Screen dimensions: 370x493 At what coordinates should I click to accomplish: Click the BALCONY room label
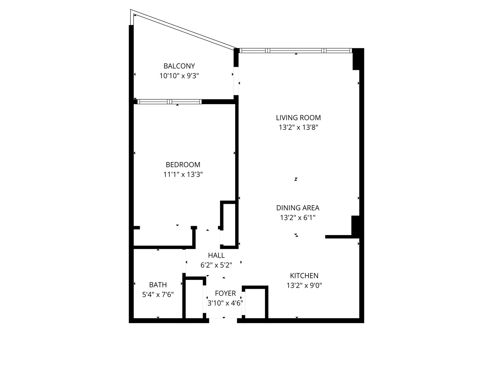pyautogui.click(x=179, y=66)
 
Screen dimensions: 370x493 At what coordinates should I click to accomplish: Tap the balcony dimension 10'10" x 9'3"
pyautogui.click(x=179, y=76)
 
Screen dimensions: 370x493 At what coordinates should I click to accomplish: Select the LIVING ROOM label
pyautogui.click(x=298, y=118)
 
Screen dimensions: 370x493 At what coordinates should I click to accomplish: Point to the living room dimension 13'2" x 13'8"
pyautogui.click(x=298, y=127)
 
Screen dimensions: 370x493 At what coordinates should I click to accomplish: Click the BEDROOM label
pyautogui.click(x=183, y=164)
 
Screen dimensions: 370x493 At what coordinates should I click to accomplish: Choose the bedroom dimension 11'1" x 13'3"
pyautogui.click(x=183, y=174)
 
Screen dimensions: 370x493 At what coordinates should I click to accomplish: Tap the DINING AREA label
pyautogui.click(x=298, y=208)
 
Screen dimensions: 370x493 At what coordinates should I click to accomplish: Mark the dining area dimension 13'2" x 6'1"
pyautogui.click(x=298, y=218)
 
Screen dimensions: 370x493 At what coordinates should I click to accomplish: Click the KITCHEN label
pyautogui.click(x=304, y=275)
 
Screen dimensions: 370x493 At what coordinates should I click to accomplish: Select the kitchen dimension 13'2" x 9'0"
pyautogui.click(x=304, y=285)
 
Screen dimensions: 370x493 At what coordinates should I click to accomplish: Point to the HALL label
pyautogui.click(x=216, y=255)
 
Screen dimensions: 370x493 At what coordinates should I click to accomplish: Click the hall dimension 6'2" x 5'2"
pyautogui.click(x=216, y=265)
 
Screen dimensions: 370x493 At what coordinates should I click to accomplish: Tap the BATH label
pyautogui.click(x=158, y=285)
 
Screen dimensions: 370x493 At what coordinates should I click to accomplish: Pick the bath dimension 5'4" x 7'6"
pyautogui.click(x=158, y=295)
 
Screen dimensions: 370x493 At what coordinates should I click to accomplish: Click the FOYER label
pyautogui.click(x=225, y=293)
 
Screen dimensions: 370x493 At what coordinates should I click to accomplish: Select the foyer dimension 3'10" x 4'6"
pyautogui.click(x=225, y=303)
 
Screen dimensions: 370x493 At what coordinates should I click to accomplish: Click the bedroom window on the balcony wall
pyautogui.click(x=169, y=102)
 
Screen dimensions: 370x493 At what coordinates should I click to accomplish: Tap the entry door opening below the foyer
pyautogui.click(x=223, y=320)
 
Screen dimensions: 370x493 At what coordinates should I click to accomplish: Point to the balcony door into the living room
pyautogui.click(x=236, y=81)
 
